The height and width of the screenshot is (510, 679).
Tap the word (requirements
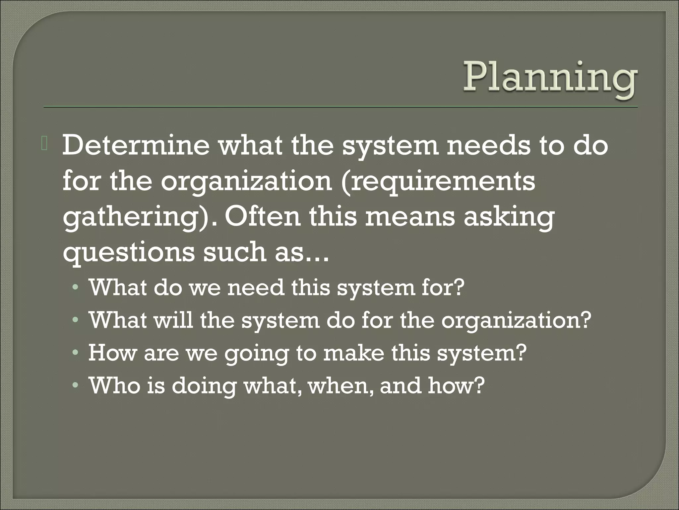click(438, 182)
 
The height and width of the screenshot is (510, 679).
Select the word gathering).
click(139, 217)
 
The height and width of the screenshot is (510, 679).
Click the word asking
click(509, 217)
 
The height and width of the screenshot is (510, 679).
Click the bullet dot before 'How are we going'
click(76, 354)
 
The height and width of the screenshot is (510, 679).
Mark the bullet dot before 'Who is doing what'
click(76, 386)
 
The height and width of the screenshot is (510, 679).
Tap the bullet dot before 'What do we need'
click(76, 288)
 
